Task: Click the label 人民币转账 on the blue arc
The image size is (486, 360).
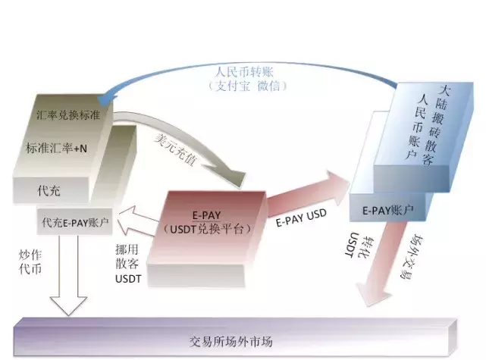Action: click(x=244, y=72)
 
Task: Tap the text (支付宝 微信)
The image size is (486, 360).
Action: click(x=247, y=86)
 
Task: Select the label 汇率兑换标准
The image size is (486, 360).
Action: click(x=68, y=115)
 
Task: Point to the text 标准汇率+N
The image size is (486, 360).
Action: click(x=56, y=149)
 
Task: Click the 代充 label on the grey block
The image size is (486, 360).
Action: click(x=49, y=190)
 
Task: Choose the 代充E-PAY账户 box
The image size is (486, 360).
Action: click(x=74, y=222)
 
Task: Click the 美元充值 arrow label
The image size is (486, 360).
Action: click(x=175, y=149)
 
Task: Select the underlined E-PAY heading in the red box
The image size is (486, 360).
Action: click(x=206, y=215)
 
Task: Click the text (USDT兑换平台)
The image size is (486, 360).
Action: click(x=207, y=229)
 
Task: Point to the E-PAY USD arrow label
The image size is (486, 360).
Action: click(x=301, y=218)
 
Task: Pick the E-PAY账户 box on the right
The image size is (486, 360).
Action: click(x=388, y=210)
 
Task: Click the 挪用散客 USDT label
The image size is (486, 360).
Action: click(x=128, y=264)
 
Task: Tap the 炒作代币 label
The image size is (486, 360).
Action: click(x=30, y=262)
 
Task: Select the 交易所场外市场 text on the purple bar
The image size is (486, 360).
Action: click(x=231, y=341)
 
